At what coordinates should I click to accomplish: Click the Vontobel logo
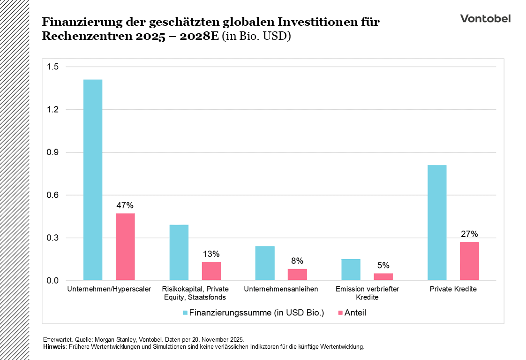pos(485,18)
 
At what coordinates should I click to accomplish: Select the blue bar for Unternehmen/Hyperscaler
pos(92,180)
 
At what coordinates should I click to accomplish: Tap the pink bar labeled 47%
pos(125,247)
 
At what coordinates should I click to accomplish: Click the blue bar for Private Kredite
pos(437,223)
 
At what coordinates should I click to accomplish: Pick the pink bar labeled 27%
pos(469,261)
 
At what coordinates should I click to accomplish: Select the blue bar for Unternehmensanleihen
pos(265,263)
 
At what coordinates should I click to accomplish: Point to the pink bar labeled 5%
pos(383,277)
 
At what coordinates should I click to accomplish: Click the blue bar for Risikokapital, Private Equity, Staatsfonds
pos(179,252)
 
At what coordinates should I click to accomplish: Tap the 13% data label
pos(211,254)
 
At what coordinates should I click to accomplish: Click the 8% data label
pos(297,261)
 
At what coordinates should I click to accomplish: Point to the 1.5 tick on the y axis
pos(53,67)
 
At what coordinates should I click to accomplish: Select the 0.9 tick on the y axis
pos(53,152)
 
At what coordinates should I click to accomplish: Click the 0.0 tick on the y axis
pos(53,280)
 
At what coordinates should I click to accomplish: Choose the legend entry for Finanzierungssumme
pos(253,313)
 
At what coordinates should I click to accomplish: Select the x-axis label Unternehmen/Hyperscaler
pos(109,289)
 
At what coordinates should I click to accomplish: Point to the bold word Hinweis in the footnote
pos(52,347)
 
